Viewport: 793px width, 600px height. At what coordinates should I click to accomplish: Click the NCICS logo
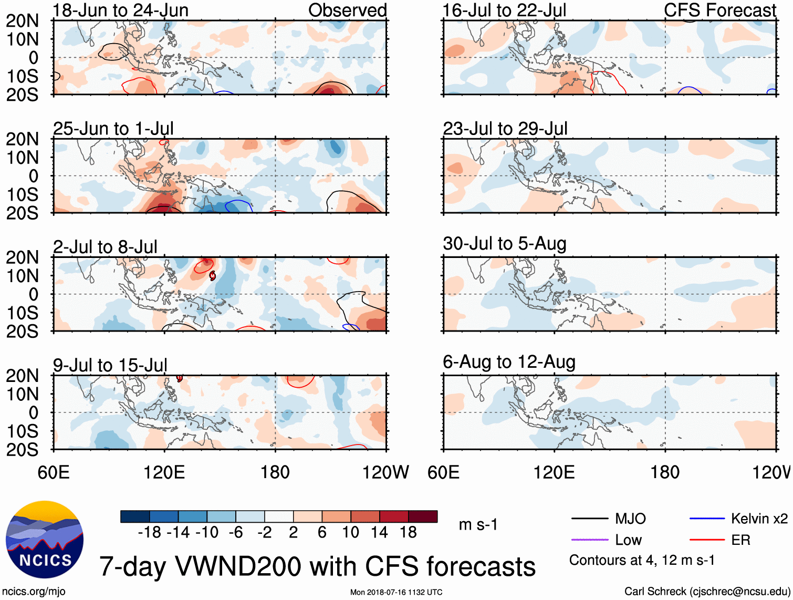(x=44, y=540)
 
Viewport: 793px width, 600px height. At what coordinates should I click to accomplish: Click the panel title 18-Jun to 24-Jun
(x=120, y=11)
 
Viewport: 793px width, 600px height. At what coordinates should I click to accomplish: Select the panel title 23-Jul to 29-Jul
(x=505, y=129)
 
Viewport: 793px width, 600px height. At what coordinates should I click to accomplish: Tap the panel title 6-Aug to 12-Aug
(x=509, y=362)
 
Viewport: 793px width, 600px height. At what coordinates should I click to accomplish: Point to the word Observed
(x=347, y=11)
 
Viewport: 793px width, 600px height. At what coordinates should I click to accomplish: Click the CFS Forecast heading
(x=719, y=11)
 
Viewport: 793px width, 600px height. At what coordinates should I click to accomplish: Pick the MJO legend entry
(x=630, y=519)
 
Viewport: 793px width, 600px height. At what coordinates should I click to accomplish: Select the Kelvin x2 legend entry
(x=759, y=519)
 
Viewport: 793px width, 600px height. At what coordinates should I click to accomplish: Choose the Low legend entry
(x=628, y=540)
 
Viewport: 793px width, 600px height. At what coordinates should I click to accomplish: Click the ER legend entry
(x=740, y=540)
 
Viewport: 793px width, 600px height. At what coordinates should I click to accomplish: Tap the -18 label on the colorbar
(x=150, y=533)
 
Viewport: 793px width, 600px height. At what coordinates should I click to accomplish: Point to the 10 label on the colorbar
(x=350, y=533)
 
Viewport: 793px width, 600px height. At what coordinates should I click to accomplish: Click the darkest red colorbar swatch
(x=423, y=516)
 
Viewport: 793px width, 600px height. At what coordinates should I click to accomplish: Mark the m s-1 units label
(x=478, y=525)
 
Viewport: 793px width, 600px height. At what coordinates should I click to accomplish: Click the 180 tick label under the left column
(x=275, y=472)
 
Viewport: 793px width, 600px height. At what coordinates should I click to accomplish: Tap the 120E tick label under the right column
(x=554, y=472)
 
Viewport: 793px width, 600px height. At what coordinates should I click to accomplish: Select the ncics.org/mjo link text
(x=34, y=592)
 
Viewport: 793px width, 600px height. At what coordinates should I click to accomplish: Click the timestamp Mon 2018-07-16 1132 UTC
(x=396, y=592)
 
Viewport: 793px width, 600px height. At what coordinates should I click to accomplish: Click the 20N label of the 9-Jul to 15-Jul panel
(x=22, y=376)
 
